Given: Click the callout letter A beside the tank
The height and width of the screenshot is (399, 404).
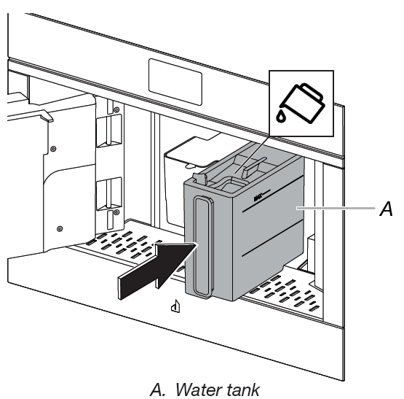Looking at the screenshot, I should point(387,210).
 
